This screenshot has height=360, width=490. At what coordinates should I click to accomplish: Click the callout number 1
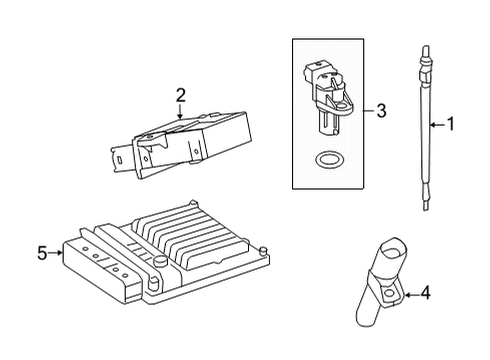pos(451,124)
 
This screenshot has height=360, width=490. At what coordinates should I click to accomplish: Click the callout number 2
pos(180,95)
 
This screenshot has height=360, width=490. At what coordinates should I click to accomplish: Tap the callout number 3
pos(381,111)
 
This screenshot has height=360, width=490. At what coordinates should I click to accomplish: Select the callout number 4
pos(425,293)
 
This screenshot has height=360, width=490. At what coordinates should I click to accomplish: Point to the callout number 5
pos(42,253)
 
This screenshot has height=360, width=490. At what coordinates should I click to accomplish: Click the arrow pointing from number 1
pos(437,125)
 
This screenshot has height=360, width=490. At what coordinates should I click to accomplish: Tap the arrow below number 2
pos(180,112)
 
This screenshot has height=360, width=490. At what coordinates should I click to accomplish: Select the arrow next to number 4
pos(411,295)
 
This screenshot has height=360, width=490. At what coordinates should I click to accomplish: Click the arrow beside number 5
pos(55,253)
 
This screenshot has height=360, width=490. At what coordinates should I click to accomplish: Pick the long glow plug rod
pos(425,128)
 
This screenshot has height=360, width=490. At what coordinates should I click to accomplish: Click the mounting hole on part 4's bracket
pos(389,294)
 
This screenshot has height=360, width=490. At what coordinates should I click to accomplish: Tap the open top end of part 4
pos(393,250)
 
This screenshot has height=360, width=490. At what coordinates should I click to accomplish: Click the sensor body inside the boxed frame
pos(328,97)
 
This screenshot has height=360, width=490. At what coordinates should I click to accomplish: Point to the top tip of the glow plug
pos(425,46)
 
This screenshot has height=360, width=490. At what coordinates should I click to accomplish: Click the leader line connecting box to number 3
pos(369,111)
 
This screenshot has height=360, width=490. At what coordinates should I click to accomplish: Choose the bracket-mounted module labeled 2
pos(181,145)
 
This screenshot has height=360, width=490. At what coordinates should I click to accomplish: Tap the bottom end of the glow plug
pos(425,210)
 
